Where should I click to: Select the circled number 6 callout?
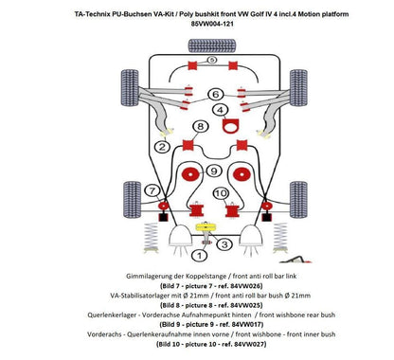(216, 94)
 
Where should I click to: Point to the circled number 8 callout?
(198, 125)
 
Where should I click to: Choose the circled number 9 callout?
(214, 171)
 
